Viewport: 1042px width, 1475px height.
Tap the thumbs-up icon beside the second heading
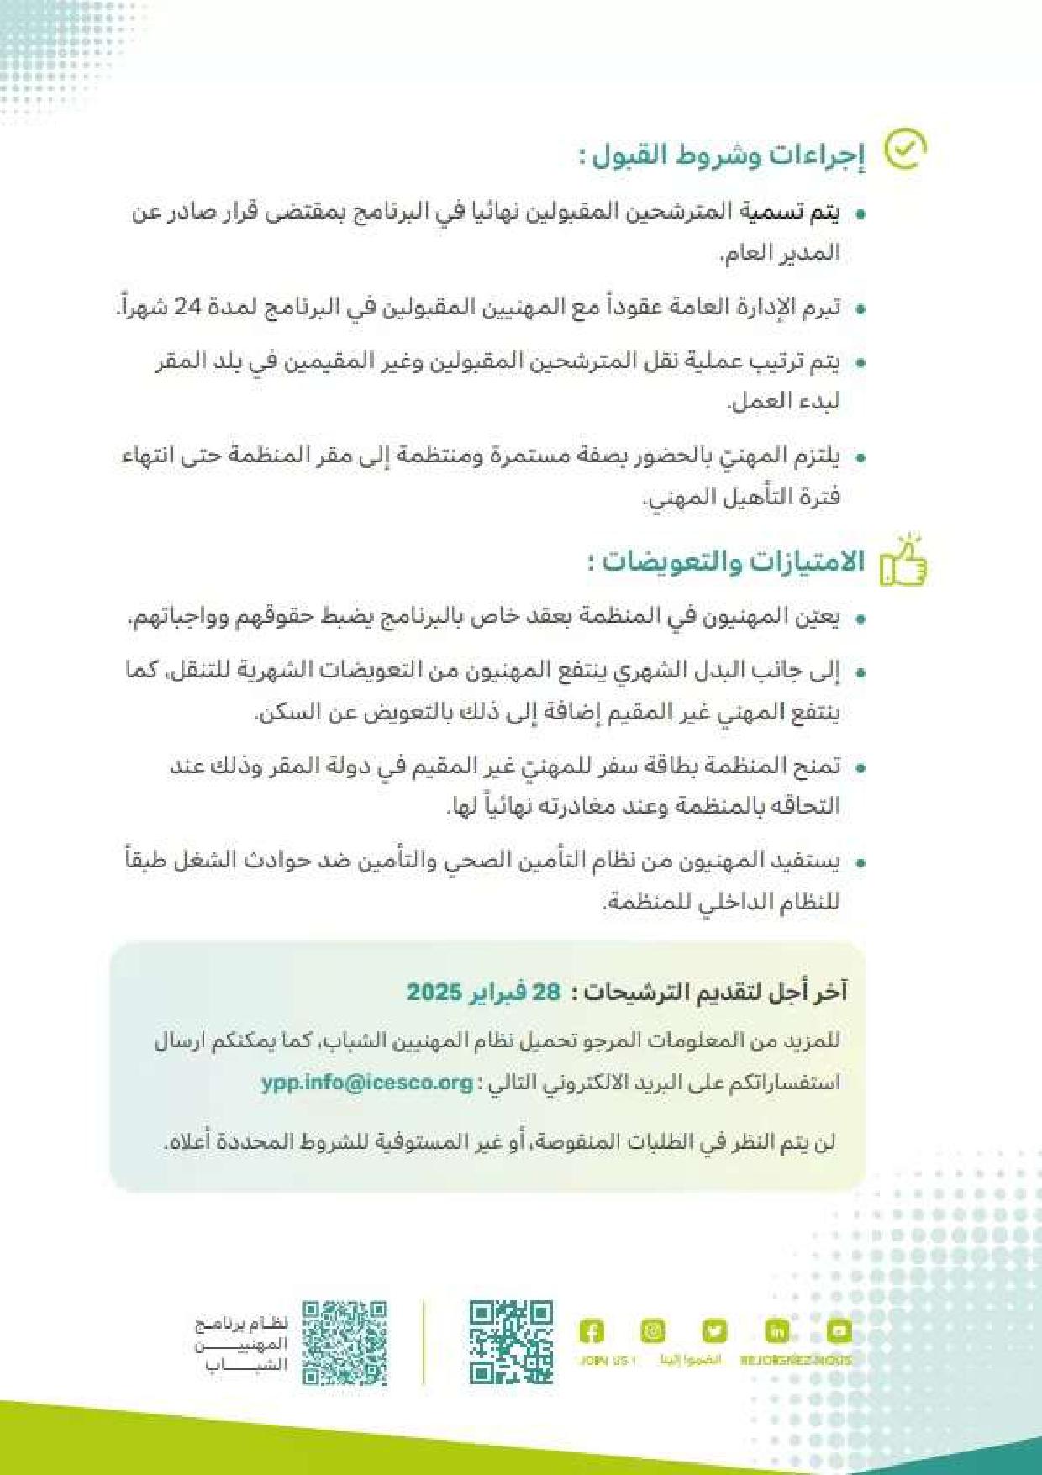[903, 561]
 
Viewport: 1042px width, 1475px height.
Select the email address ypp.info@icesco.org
[366, 1082]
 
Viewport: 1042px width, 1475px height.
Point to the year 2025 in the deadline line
[434, 992]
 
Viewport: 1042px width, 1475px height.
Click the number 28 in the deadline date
[546, 992]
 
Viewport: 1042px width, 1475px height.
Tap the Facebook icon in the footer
[592, 1331]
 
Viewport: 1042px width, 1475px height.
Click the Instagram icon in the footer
[653, 1331]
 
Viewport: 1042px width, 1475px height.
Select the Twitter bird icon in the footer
[714, 1331]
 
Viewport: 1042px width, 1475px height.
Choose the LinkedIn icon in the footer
[776, 1331]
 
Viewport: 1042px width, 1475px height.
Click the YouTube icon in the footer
[839, 1331]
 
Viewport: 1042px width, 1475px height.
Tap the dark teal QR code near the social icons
[511, 1342]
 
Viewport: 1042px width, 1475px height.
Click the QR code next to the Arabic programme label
[345, 1342]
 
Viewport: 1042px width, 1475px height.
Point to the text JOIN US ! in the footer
[608, 1361]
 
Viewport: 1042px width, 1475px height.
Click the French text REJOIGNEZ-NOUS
[795, 1361]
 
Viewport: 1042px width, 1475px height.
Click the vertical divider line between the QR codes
[424, 1342]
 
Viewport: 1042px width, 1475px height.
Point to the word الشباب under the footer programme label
[246, 1366]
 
